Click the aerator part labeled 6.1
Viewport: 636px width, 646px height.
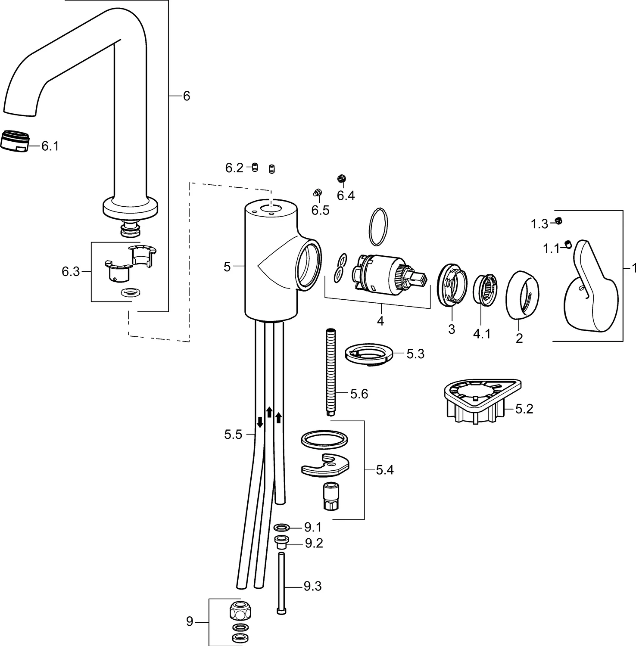[x=15, y=141]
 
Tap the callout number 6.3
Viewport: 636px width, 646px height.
[x=71, y=272]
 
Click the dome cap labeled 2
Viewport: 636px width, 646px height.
[x=522, y=295]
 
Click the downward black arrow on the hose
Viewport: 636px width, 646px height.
[x=260, y=421]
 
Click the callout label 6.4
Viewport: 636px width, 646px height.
[x=346, y=196]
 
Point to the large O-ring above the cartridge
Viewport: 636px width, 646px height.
[x=378, y=227]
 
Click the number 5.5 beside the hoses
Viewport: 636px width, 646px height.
[x=233, y=435]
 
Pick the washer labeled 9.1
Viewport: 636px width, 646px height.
[x=282, y=527]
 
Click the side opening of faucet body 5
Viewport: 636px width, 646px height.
[x=308, y=266]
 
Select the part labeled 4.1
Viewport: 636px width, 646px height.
[x=486, y=290]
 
